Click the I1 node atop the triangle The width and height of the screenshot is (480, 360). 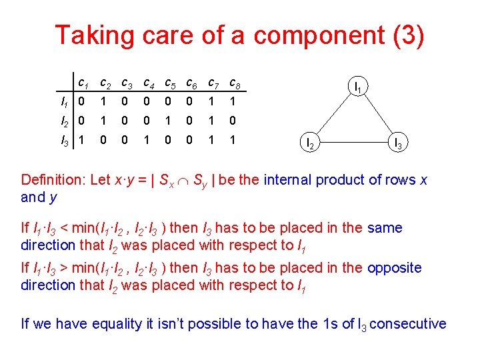[x=358, y=87]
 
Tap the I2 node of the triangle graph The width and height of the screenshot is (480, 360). [x=310, y=142]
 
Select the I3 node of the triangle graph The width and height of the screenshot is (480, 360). [x=397, y=142]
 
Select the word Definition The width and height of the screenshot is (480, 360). [x=51, y=180]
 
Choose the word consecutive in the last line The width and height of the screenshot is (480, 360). [x=407, y=324]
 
